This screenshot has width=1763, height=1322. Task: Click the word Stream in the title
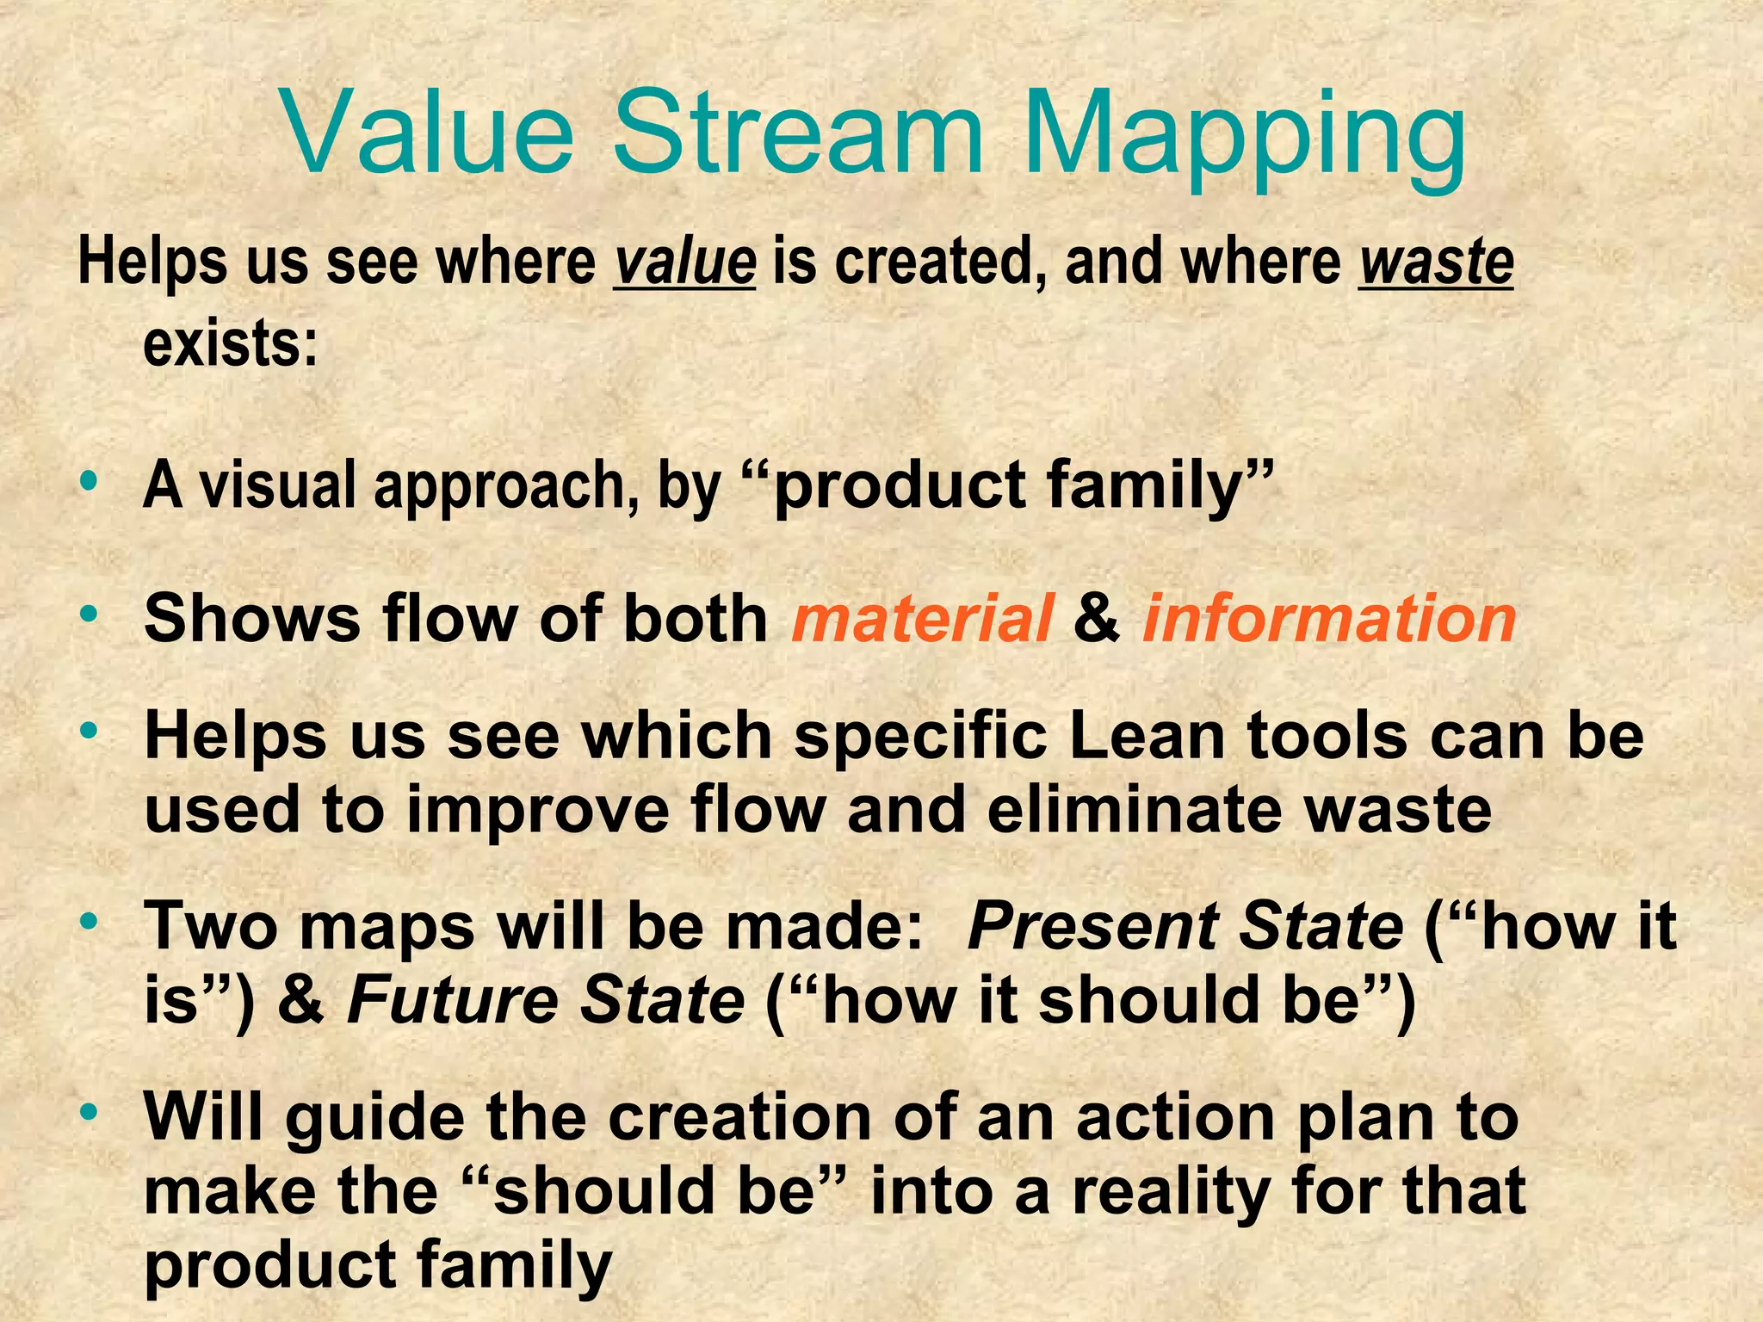pyautogui.click(x=797, y=133)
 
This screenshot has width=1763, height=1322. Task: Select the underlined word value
pyautogui.click(x=684, y=263)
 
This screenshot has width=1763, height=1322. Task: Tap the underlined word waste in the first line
pyautogui.click(x=1436, y=263)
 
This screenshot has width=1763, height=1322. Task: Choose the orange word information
pyautogui.click(x=1329, y=619)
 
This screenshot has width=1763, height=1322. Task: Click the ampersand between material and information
pyautogui.click(x=1097, y=619)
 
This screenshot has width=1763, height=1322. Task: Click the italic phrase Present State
pyautogui.click(x=1185, y=927)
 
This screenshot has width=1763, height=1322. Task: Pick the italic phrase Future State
pyautogui.click(x=545, y=1001)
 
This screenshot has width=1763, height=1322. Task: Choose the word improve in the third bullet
pyautogui.click(x=537, y=811)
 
